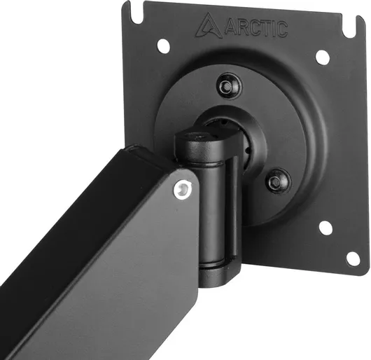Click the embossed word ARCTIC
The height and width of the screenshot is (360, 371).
point(256,29)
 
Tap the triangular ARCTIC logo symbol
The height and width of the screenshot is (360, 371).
point(209,25)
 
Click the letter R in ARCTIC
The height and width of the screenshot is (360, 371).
point(244,27)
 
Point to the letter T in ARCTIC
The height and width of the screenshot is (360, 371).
point(271,29)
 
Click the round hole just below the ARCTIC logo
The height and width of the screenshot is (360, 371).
point(164,46)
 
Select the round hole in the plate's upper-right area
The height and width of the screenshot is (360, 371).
point(323,57)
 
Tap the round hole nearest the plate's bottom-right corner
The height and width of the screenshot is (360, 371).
point(353,258)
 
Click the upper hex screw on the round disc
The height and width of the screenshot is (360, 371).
point(229,86)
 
